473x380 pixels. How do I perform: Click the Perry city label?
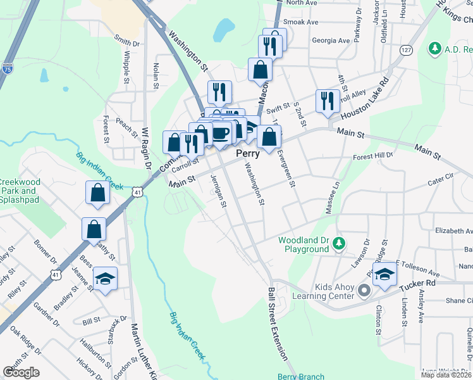point(248,154)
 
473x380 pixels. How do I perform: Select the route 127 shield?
point(406,49)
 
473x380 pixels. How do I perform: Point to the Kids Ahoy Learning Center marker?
point(364,291)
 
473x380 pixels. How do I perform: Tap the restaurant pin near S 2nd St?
point(327,101)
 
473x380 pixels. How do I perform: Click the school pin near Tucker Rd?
point(383,275)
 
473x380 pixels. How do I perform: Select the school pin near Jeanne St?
point(105,278)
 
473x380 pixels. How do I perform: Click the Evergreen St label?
point(285,166)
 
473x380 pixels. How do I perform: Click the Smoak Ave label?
point(301,22)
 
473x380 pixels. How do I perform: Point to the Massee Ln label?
point(333,197)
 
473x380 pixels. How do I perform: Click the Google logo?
point(21,372)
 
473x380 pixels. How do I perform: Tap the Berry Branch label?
point(301,376)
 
